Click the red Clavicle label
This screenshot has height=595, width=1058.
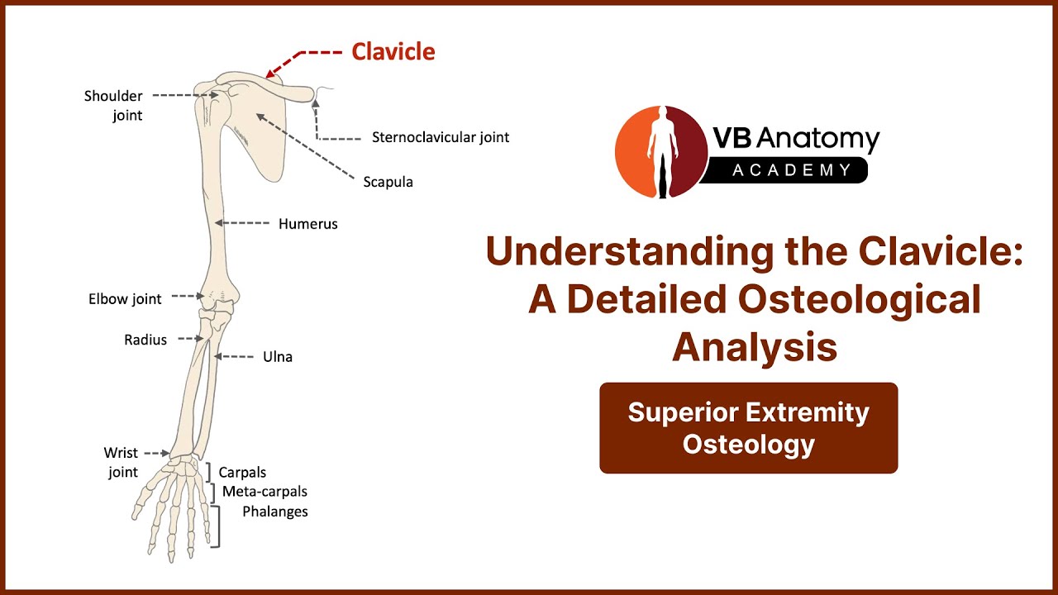coord(393,51)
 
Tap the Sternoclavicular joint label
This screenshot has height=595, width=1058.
coord(441,137)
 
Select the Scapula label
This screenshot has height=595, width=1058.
coord(388,183)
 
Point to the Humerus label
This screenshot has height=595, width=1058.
coord(308,224)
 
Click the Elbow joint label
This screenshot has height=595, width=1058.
coord(125,299)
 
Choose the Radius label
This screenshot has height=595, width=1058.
coord(145,340)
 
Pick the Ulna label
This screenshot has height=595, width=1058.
coord(278,357)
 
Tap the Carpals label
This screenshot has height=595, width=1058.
coord(242,472)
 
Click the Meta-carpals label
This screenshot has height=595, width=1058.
coord(264,492)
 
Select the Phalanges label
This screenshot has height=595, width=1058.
coord(275,512)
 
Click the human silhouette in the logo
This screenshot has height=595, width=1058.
coord(663,152)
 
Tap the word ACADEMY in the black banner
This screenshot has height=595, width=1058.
coord(792,170)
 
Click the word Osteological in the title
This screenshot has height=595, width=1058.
coord(860,299)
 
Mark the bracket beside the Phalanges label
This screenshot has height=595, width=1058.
coord(217,526)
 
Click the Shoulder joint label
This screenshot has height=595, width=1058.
coord(113,106)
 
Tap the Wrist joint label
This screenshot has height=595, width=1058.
coord(121,463)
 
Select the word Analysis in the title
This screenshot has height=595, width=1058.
coord(755,348)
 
